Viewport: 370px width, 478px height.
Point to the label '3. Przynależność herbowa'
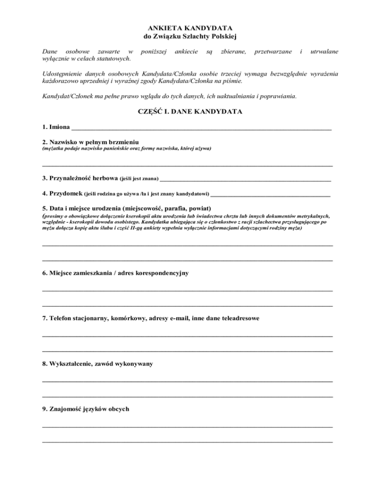pos(80,178)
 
